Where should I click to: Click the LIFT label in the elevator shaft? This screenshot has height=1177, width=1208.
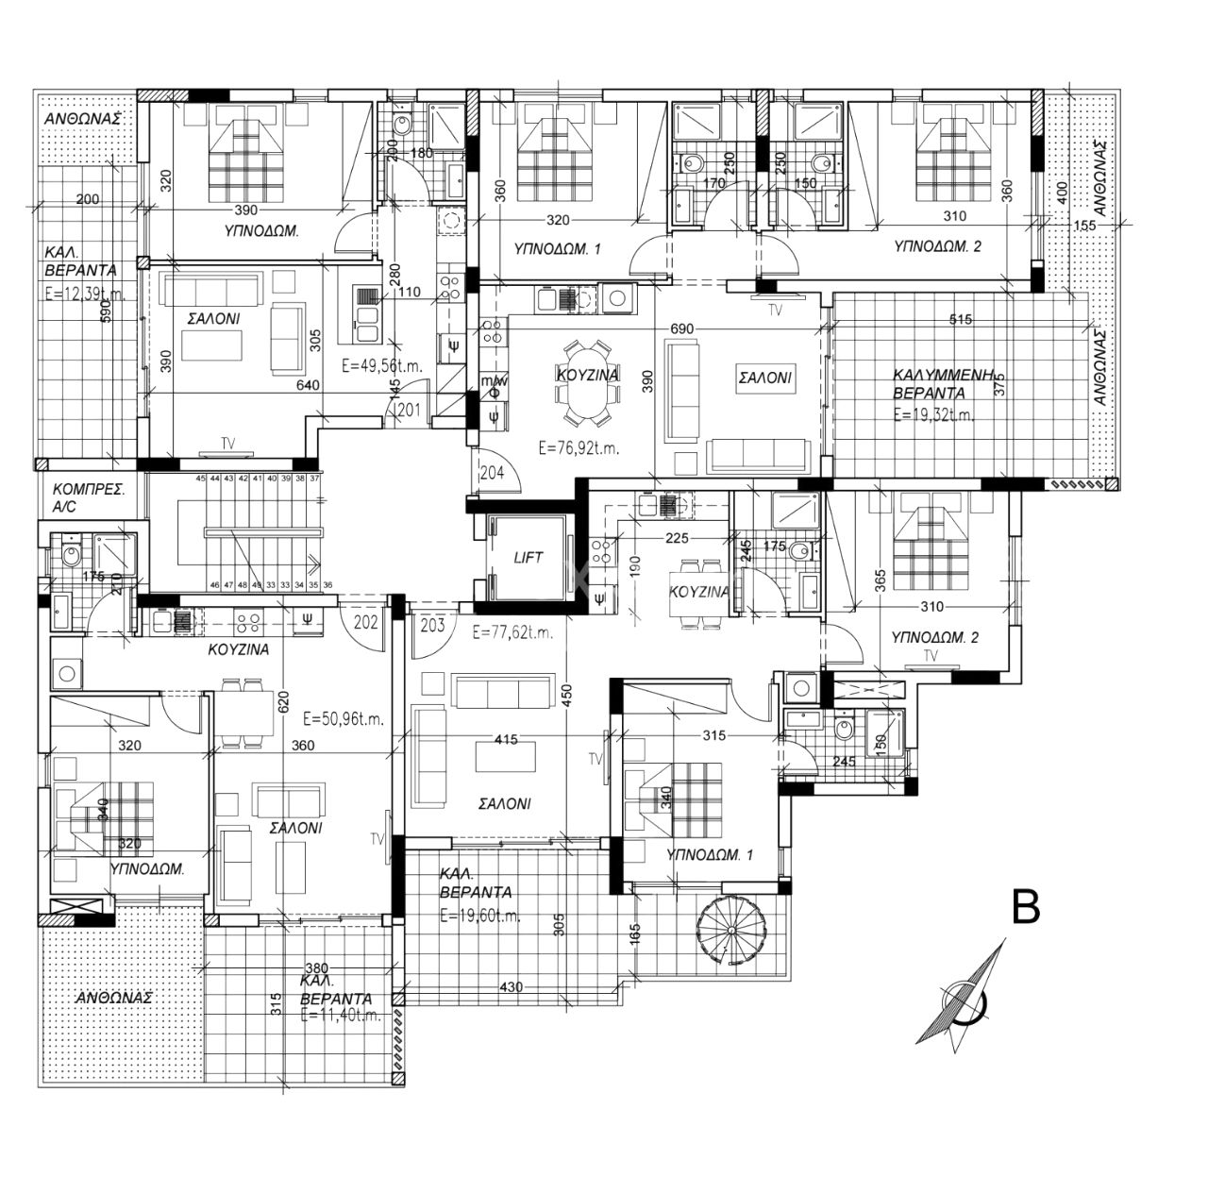point(528,558)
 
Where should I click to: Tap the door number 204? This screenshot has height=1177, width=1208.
point(492,474)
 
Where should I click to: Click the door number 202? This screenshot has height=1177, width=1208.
point(366,623)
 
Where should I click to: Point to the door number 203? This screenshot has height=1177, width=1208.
point(432,624)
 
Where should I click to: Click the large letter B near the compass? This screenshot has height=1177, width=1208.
point(1025,907)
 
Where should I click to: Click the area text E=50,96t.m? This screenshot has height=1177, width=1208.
point(344,718)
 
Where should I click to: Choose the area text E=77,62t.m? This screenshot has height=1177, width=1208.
point(513,633)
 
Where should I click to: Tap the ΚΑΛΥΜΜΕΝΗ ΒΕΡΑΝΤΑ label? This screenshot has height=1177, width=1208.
point(944,383)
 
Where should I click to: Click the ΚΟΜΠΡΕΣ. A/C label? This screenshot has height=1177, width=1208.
point(89,497)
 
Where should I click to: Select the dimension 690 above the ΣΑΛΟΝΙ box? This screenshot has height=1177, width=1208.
point(681,328)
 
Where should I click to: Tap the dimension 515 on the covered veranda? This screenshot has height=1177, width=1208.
point(960,320)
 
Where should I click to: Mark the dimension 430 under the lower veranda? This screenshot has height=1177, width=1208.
point(511,987)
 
